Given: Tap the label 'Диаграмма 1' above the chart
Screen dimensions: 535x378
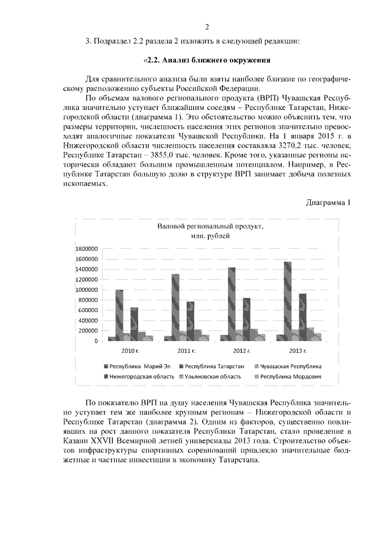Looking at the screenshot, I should (328, 202).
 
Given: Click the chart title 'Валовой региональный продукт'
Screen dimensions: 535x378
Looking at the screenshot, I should (210, 226).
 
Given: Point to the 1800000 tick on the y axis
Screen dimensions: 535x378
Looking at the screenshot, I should (87, 249).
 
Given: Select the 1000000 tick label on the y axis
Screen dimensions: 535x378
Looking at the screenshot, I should (87, 290).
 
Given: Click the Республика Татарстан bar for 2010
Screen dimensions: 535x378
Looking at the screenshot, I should (119, 315).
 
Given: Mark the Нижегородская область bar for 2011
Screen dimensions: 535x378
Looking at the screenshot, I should (190, 321).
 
